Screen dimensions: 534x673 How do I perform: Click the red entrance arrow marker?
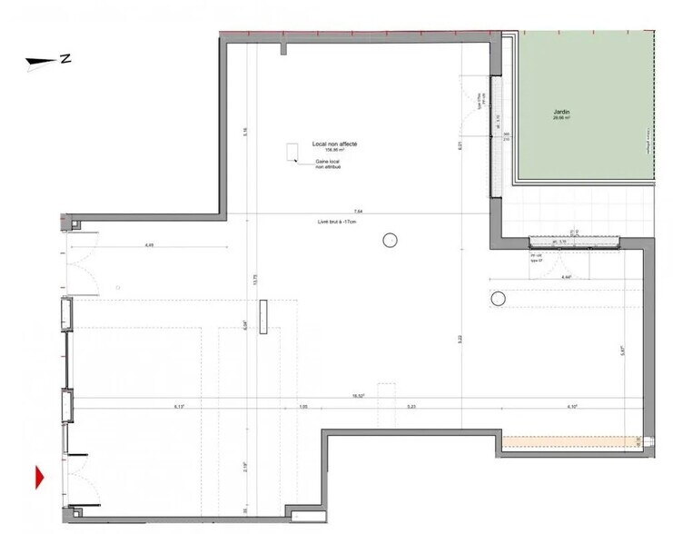40,476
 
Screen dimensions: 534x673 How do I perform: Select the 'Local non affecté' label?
336,144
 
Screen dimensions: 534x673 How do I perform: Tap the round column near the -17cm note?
391,240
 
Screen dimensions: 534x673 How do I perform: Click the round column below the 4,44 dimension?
498,298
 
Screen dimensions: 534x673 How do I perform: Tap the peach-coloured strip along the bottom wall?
571,443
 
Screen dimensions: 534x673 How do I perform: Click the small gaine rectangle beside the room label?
292,152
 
